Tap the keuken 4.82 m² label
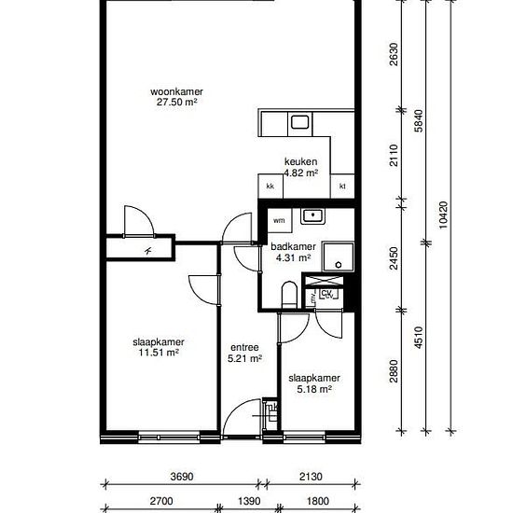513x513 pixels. (300, 167)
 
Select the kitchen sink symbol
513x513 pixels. (299, 123)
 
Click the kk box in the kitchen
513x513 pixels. (270, 186)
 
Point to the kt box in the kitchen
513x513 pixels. (342, 186)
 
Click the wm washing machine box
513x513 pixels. (279, 220)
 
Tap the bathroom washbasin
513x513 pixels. (312, 216)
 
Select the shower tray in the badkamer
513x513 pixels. (338, 256)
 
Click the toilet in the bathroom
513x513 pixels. (289, 295)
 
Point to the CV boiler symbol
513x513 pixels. (327, 294)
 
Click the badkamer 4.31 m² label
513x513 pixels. (293, 252)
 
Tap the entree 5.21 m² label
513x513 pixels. (244, 353)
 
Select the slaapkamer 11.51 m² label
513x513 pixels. (159, 347)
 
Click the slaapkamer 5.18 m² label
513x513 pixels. (314, 383)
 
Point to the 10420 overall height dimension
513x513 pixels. (443, 215)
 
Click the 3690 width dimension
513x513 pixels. (182, 477)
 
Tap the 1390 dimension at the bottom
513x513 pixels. (249, 501)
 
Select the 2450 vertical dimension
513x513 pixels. (394, 258)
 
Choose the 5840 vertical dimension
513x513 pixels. (419, 120)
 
